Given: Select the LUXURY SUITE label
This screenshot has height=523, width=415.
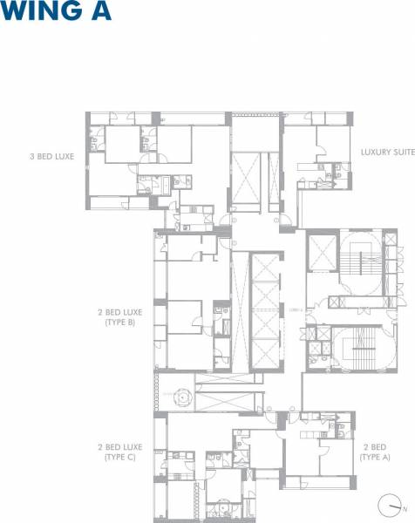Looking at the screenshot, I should click(387, 152).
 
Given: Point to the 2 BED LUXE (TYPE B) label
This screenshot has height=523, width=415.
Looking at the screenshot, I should click(121, 316).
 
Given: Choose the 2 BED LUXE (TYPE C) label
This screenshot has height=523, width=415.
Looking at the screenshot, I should click(121, 452).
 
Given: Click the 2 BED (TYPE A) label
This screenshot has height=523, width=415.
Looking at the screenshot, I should click(376, 452).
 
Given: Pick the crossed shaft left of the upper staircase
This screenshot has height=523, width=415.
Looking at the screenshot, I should click(322, 254).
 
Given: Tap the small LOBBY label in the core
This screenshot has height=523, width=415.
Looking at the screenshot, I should click(294, 309).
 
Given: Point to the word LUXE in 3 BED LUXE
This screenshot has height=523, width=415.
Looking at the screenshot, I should click(63, 157).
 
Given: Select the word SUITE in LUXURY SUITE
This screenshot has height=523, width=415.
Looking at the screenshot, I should click(402, 152).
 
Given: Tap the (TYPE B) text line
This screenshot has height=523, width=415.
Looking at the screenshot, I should click(121, 323).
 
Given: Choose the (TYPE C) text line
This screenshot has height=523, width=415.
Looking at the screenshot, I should click(121, 458).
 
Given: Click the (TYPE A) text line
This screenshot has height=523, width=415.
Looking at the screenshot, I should click(376, 458).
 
